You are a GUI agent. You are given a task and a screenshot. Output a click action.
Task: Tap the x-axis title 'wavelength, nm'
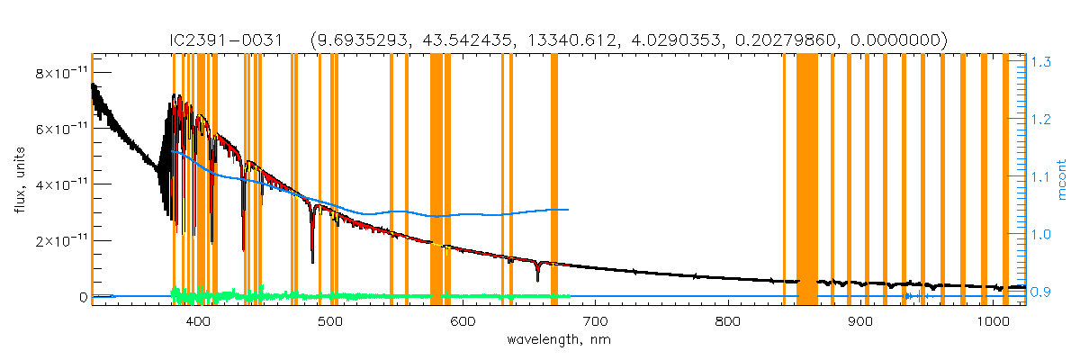559,341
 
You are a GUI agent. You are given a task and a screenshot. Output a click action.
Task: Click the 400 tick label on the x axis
197,321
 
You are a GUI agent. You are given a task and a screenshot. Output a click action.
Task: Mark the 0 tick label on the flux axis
82,297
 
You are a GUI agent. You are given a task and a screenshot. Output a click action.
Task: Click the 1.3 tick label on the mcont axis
1042,62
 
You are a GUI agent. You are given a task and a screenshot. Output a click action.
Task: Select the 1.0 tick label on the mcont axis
1042,234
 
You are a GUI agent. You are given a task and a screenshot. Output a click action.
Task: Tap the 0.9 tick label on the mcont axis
1042,292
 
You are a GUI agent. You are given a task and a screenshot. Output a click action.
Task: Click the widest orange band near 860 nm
806,180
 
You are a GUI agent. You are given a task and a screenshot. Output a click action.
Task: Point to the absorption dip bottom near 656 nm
537,280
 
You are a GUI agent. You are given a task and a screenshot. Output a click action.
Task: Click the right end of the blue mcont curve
568,210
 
